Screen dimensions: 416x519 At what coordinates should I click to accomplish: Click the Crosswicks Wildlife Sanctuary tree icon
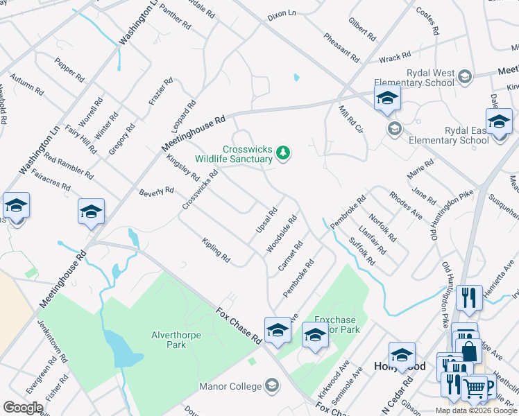(282, 152)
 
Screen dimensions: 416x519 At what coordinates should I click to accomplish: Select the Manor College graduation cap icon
(272, 385)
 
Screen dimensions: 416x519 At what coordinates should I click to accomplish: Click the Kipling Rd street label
(216, 250)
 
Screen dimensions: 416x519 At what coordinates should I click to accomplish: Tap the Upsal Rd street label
(266, 220)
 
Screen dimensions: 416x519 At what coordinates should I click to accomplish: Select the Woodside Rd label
(282, 233)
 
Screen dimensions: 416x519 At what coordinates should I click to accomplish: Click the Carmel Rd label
(291, 256)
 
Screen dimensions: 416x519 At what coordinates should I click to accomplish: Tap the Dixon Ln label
(281, 14)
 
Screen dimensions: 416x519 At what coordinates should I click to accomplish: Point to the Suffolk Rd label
(362, 252)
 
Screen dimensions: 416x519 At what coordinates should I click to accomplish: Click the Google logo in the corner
(23, 408)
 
